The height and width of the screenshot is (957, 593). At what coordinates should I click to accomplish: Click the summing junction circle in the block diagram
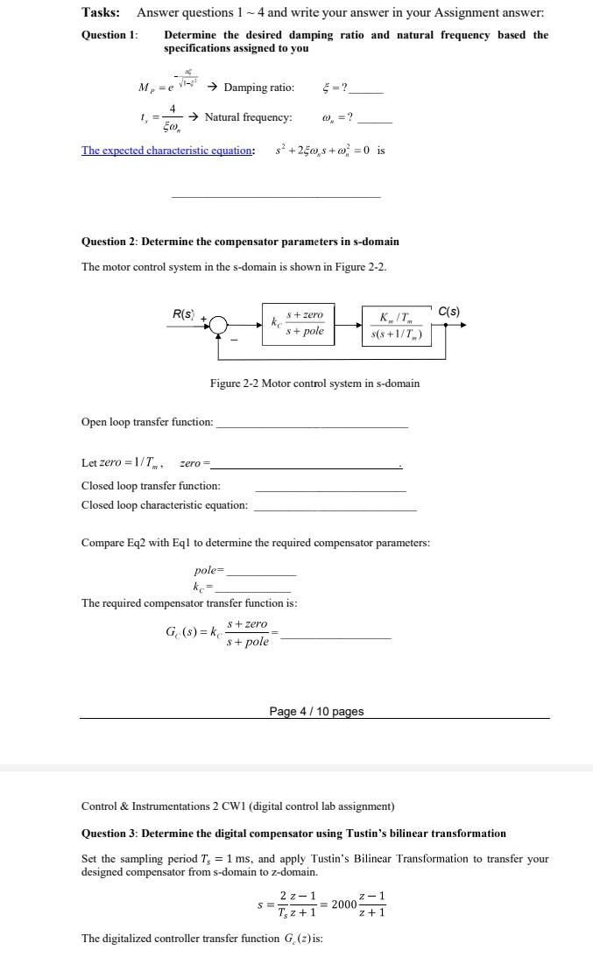(218, 325)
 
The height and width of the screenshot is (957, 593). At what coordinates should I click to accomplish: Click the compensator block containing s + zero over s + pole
(297, 323)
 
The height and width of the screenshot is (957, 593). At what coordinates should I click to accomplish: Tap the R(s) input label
(182, 313)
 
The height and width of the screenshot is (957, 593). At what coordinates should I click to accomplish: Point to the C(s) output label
(448, 312)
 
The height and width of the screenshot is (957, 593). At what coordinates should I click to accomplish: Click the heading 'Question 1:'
(109, 35)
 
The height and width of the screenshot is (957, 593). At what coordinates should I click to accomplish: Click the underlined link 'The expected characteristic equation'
(166, 151)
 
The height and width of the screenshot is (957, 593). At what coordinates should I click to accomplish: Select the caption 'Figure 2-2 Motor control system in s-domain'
(314, 384)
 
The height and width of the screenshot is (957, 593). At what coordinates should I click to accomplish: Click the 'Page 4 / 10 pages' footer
(315, 712)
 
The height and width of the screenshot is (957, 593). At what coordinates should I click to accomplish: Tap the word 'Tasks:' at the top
(101, 12)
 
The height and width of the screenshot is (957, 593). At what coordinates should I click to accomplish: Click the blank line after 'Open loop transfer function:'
(311, 424)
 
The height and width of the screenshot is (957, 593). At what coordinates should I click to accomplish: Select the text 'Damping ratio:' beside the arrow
(259, 88)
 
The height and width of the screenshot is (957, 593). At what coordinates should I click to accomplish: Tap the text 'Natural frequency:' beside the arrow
(248, 117)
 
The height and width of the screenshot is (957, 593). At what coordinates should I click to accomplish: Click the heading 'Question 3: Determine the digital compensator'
(293, 833)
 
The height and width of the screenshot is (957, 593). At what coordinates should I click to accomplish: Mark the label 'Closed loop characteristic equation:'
(164, 505)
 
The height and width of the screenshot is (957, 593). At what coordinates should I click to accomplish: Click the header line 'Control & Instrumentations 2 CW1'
(237, 806)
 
